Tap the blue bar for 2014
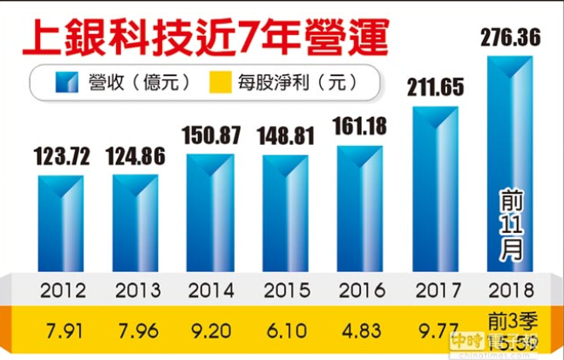tap(210, 213)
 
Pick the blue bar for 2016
tap(360, 209)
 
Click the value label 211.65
tap(435, 87)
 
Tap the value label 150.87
tap(210, 135)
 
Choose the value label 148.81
tap(285, 136)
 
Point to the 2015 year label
tap(285, 290)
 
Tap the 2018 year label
tap(510, 290)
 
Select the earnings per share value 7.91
tap(61, 328)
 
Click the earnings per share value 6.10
tap(285, 328)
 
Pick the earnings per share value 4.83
tap(360, 328)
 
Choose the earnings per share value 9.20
tap(210, 328)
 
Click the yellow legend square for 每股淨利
tap(220, 83)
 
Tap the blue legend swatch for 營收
tap(65, 83)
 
